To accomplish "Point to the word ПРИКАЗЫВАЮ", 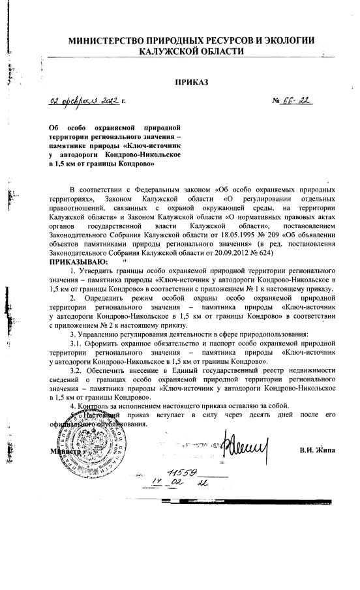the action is point(76,261).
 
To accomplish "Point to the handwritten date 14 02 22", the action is point(170,486).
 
